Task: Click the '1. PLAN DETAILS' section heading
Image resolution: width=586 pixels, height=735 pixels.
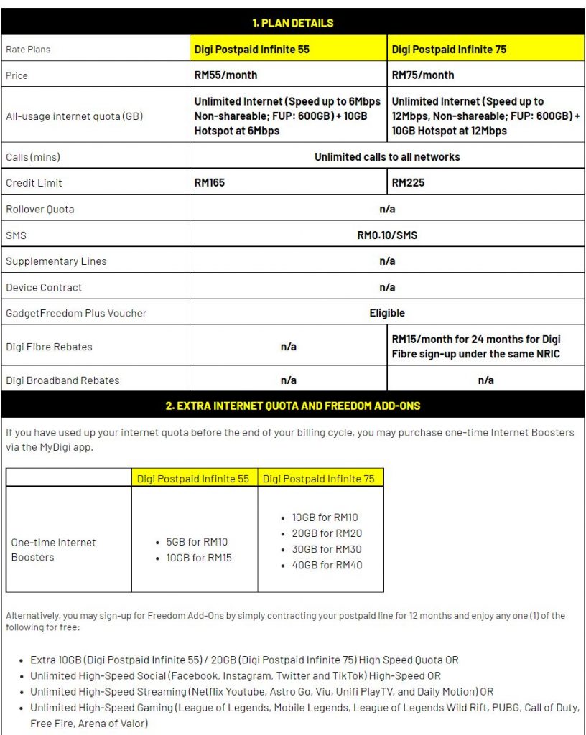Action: pos(292,23)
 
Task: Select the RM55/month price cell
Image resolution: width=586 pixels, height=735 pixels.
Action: pos(225,75)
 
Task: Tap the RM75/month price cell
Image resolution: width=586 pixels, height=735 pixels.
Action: pos(423,75)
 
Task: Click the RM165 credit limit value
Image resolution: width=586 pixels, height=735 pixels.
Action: pos(210,183)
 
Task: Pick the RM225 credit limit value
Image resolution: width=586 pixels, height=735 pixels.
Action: pos(408,183)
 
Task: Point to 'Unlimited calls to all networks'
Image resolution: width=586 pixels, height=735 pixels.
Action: pos(387,156)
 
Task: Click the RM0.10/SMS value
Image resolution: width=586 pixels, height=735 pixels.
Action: pos(387,235)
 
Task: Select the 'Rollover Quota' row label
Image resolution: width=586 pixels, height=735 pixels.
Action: pos(40,210)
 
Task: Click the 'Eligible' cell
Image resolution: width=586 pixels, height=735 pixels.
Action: pos(387,313)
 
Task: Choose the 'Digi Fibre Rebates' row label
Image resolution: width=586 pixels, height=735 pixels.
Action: pos(49,347)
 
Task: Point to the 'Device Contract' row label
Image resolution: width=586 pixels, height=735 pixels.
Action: pos(44,287)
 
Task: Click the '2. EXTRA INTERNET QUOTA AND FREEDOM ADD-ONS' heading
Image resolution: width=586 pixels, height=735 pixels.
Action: pos(292,406)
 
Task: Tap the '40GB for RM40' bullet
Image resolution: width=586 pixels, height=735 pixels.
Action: pos(327,565)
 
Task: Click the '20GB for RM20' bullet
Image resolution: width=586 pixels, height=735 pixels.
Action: pos(327,533)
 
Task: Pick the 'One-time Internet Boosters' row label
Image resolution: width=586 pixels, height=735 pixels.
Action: pos(53,550)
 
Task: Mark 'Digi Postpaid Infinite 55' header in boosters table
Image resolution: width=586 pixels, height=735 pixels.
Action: pos(194,479)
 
